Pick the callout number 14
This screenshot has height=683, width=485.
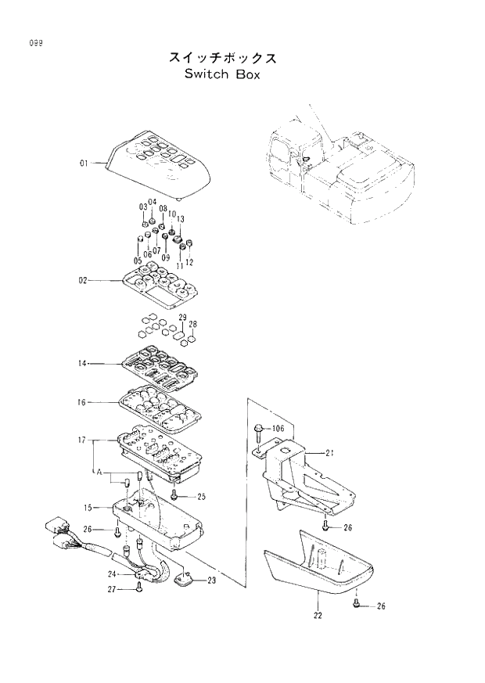[84, 364]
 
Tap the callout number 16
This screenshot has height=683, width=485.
[84, 402]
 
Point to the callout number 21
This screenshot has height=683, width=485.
[330, 453]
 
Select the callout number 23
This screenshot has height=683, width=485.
[212, 581]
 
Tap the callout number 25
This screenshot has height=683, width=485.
[201, 497]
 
